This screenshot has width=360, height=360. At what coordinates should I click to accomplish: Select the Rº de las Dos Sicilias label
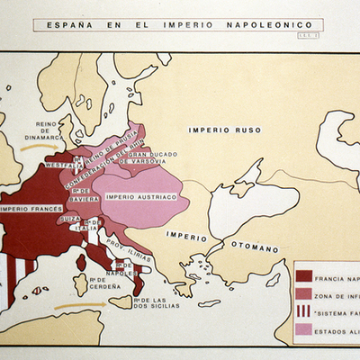pos(155,302)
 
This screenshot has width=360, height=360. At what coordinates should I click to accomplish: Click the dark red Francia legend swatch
pos(303,275)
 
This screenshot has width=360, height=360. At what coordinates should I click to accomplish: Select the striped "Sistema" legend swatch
pos(303,311)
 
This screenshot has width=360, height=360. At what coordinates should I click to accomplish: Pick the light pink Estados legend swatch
pos(303,329)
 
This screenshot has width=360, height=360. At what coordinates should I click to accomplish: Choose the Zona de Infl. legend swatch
pos(303,293)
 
